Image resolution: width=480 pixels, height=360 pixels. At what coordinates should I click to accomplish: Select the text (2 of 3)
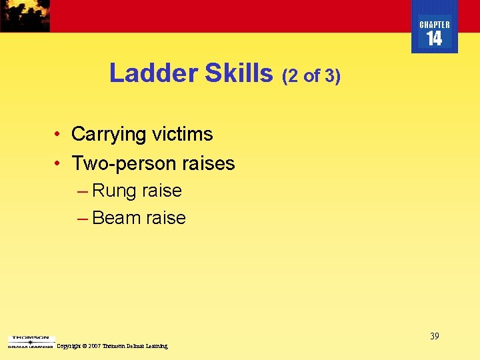[311, 76]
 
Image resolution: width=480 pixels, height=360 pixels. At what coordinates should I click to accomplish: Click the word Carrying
[109, 134]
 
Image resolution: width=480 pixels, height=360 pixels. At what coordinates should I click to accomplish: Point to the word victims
[182, 134]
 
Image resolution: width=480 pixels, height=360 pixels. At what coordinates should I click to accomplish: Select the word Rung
[113, 191]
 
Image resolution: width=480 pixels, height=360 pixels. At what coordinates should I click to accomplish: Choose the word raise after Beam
[165, 218]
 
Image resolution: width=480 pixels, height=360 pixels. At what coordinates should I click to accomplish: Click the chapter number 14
[434, 39]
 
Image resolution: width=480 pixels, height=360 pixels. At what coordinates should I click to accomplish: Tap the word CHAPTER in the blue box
[435, 25]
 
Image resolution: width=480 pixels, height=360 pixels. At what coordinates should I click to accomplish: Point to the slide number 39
[434, 336]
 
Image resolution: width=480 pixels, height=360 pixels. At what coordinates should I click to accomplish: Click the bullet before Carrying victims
[59, 135]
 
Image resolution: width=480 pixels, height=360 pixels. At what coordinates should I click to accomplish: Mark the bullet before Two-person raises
[59, 164]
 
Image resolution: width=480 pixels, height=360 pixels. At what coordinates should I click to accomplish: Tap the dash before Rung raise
[82, 191]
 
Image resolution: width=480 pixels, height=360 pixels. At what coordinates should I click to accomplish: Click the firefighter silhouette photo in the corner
[25, 15]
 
